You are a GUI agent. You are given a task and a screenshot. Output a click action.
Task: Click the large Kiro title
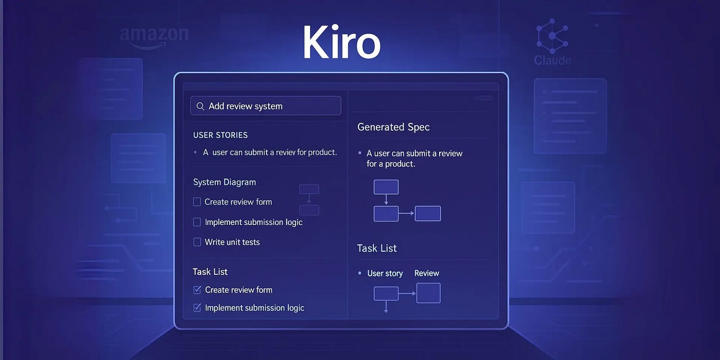(x=341, y=43)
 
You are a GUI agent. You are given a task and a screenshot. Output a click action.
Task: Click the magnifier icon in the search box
(x=200, y=106)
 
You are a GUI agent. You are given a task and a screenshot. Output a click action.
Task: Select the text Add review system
(x=245, y=106)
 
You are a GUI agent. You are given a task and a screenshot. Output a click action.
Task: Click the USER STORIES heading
(x=220, y=135)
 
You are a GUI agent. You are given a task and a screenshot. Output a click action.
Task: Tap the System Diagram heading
(x=225, y=182)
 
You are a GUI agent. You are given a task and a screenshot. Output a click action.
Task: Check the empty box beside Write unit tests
(x=197, y=242)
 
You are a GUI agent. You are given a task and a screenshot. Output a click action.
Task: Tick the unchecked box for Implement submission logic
(x=197, y=222)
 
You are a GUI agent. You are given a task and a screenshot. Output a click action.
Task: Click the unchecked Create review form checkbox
(x=197, y=202)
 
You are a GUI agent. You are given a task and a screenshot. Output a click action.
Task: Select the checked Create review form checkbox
(x=197, y=290)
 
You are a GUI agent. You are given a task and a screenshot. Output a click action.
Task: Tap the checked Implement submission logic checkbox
(x=197, y=308)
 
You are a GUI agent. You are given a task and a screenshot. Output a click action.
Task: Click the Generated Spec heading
(x=393, y=127)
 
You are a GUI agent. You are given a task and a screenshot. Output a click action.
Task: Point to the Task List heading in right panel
(x=377, y=248)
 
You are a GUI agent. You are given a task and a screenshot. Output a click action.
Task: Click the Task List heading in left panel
(x=210, y=271)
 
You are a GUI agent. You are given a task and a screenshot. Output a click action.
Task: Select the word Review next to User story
(x=426, y=273)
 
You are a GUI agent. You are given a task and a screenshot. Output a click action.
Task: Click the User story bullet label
(x=385, y=273)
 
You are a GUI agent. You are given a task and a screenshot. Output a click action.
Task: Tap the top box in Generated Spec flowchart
(x=386, y=187)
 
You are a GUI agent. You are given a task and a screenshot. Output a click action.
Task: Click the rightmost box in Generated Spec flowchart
(x=428, y=214)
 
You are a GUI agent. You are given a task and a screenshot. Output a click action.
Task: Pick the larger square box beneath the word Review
(x=428, y=293)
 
